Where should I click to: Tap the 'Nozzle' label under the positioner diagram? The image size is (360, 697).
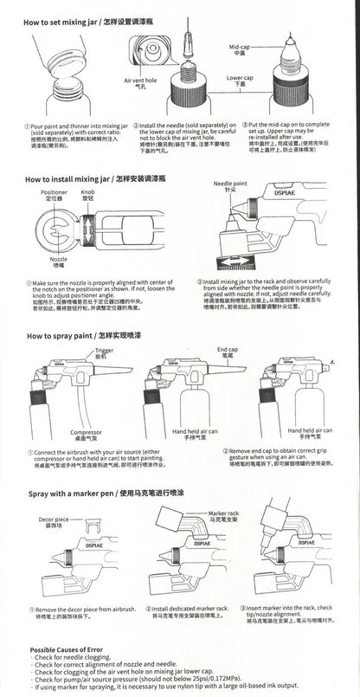(58, 260)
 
